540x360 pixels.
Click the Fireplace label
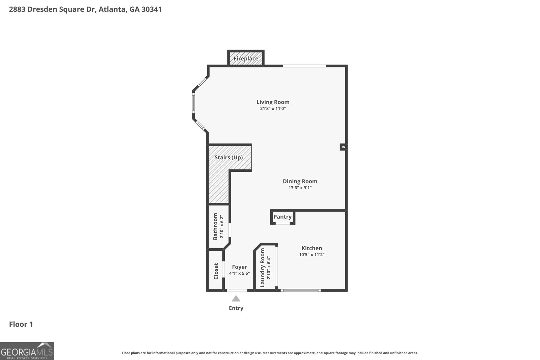pos(246,59)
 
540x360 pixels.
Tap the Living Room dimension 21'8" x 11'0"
pos(273,109)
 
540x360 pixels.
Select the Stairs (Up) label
pos(228,158)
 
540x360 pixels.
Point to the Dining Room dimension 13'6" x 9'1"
pos(300,188)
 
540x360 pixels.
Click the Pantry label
pos(282,217)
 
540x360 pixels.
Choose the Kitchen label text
pos(312,248)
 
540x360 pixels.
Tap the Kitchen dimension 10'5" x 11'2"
pos(312,255)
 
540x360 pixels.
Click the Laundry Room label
pos(263,268)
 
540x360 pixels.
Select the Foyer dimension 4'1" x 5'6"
pos(239,273)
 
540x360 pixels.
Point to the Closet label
pos(216,271)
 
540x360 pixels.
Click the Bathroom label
pos(215,226)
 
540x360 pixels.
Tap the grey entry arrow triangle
pos(236,299)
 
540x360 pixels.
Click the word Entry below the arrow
pos(236,308)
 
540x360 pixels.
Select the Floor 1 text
pos(21,325)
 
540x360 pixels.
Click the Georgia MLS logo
pos(27,351)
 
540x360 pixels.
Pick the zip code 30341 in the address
pos(152,9)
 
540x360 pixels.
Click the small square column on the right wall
pos(343,147)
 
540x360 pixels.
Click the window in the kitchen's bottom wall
pos(300,290)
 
